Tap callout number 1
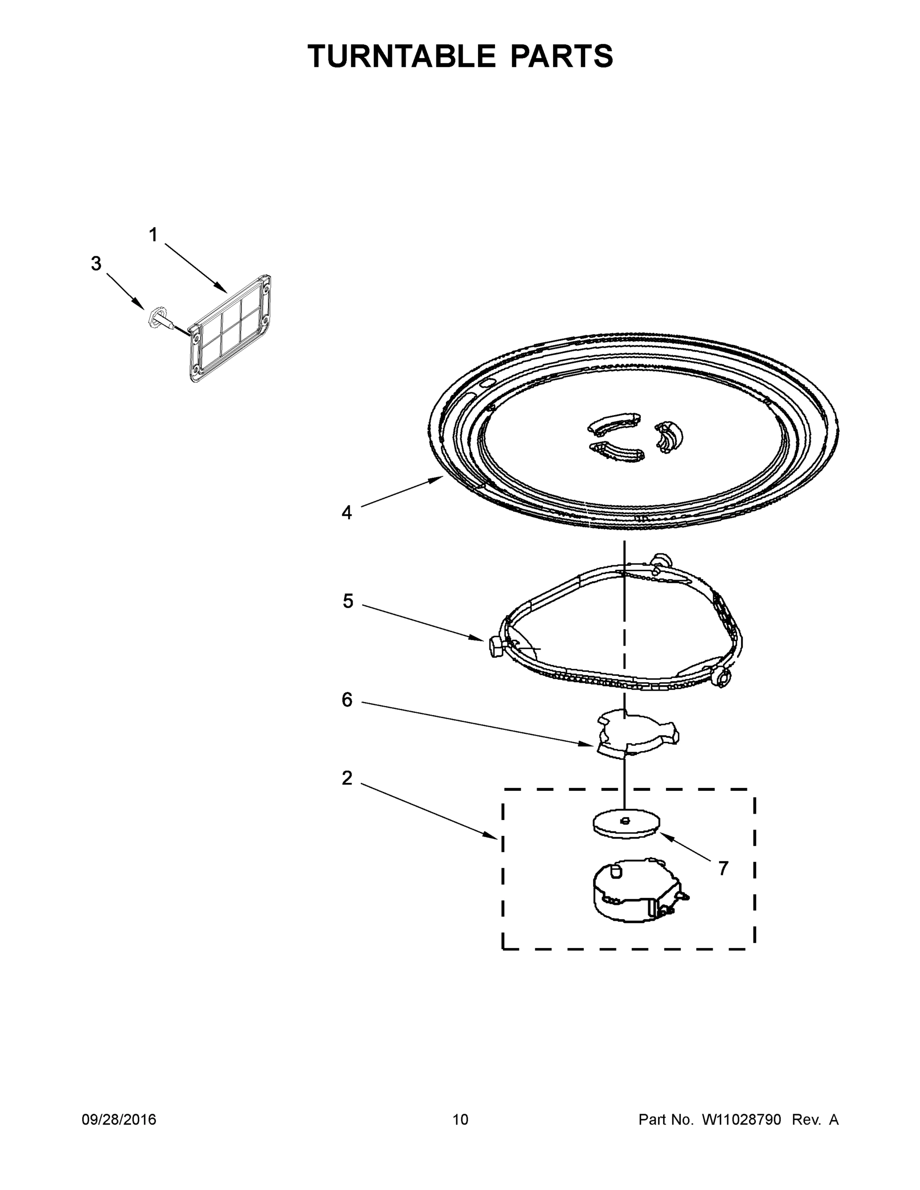click(x=153, y=236)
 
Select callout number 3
click(x=96, y=264)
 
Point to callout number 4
click(x=347, y=513)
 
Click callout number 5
click(x=348, y=601)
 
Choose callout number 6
click(x=347, y=700)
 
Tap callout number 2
click(x=347, y=778)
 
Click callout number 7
click(x=723, y=869)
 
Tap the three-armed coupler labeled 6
click(x=635, y=733)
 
